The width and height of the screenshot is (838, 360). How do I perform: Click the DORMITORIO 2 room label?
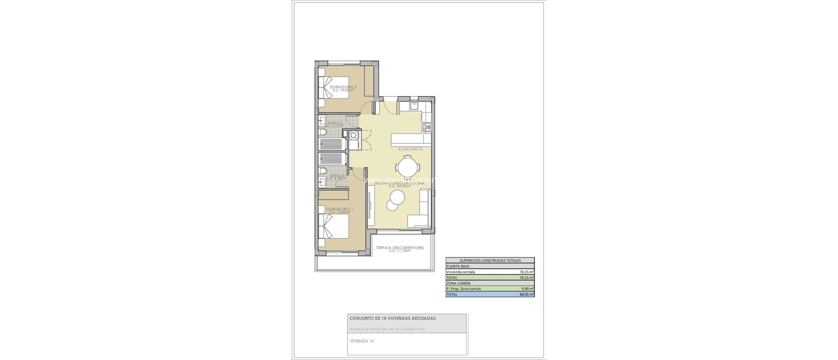tap(343, 88)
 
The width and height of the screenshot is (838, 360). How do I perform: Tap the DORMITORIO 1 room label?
tap(339, 210)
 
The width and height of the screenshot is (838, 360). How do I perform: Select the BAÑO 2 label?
tap(335, 124)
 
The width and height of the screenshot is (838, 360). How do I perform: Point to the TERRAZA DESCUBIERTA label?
tap(400, 249)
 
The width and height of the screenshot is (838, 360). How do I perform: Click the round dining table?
tap(408, 166)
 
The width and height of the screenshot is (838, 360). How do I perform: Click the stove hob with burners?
tap(427, 127)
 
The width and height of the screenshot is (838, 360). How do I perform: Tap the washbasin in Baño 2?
tap(322, 121)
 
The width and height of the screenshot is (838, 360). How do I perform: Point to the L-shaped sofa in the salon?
tap(421, 211)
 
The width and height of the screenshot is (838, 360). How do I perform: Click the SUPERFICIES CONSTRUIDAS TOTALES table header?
tap(490, 260)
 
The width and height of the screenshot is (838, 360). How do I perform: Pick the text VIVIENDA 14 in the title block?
tap(362, 341)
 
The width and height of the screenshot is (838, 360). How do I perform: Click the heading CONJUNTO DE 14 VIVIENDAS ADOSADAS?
tap(392, 318)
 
